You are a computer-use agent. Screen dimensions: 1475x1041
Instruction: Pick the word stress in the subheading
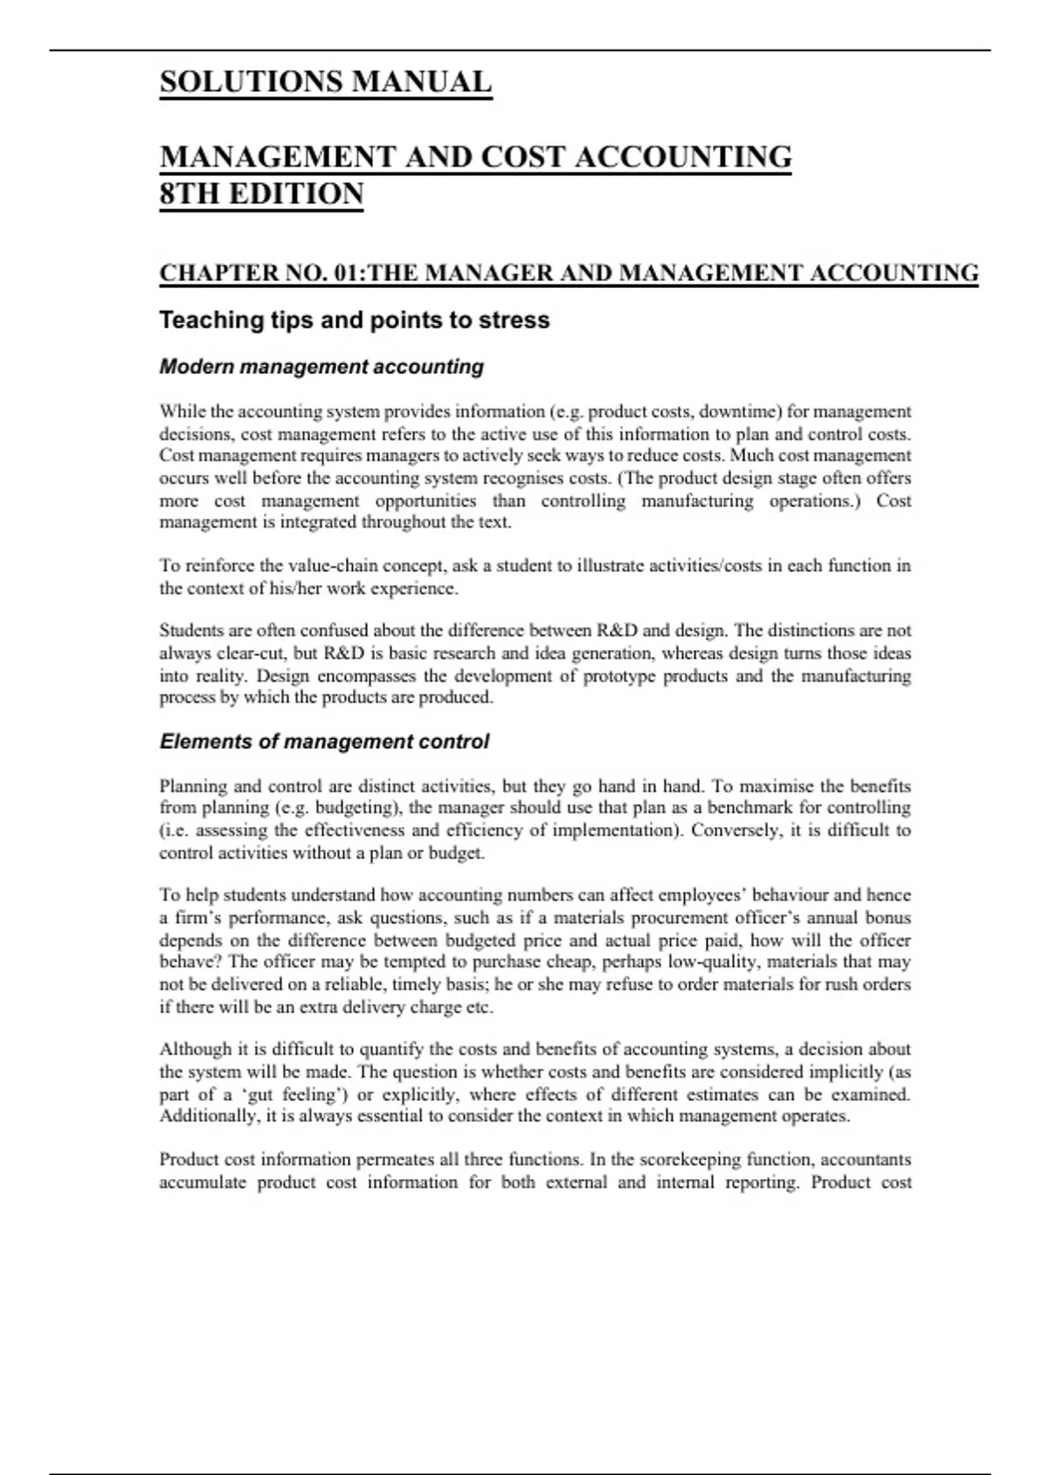point(518,320)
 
